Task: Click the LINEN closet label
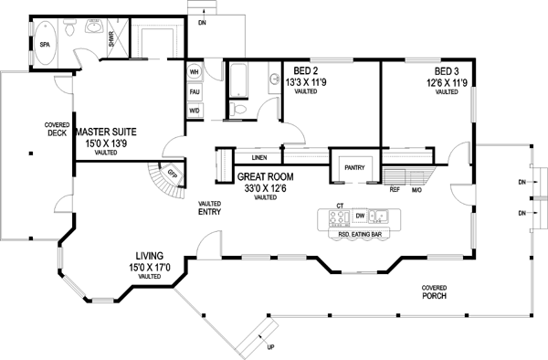coord(258,158)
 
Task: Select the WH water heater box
coord(194,71)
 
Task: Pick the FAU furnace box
coord(194,91)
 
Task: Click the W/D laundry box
coord(194,111)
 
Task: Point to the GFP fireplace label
coord(171,174)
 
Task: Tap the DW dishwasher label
coord(361,216)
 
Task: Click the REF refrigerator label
coord(395,190)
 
